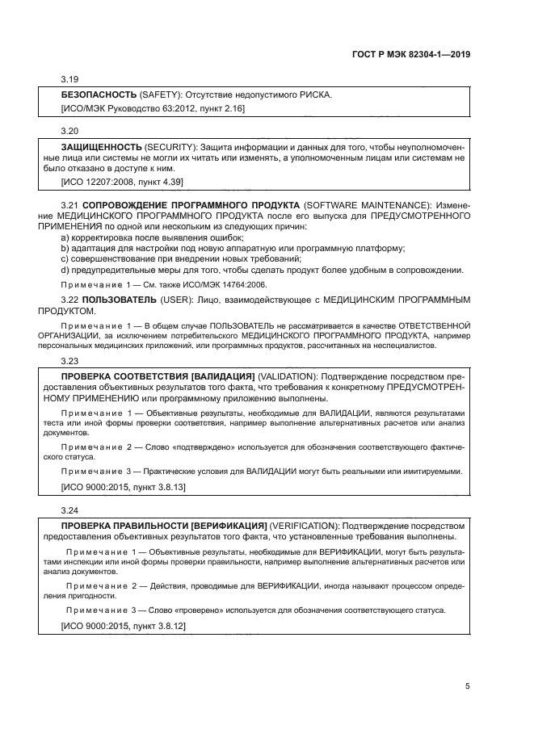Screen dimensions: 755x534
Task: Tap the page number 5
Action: tap(468, 686)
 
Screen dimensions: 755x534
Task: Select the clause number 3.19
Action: tap(70, 79)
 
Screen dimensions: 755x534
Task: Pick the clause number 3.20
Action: tap(70, 130)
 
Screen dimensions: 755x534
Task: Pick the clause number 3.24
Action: tap(70, 510)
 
